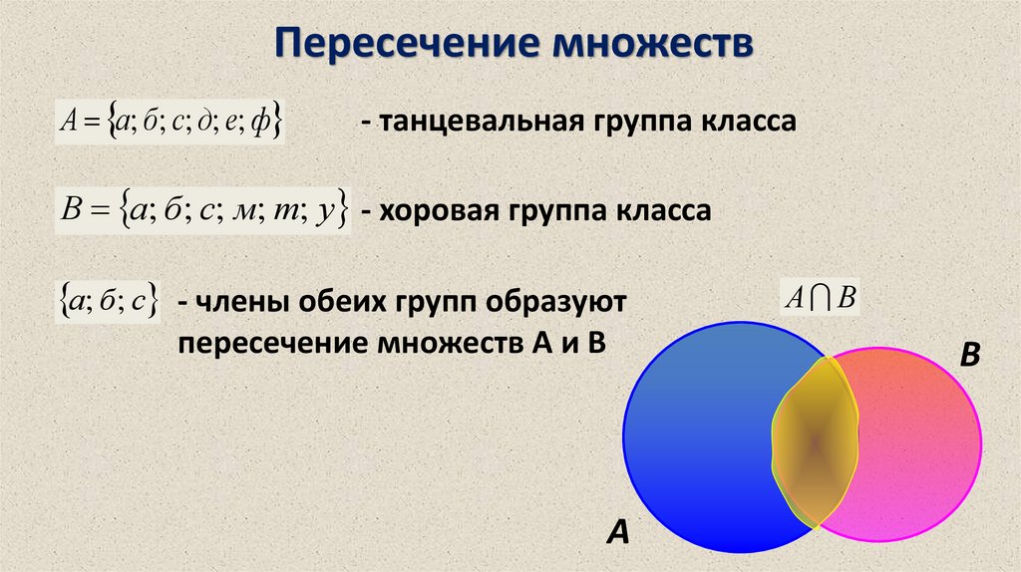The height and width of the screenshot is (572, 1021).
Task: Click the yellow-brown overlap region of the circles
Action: (816, 440)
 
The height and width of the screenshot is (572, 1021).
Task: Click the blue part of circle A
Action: (698, 438)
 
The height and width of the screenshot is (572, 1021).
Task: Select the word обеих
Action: (364, 303)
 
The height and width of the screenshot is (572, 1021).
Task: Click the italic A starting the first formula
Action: (67, 123)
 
